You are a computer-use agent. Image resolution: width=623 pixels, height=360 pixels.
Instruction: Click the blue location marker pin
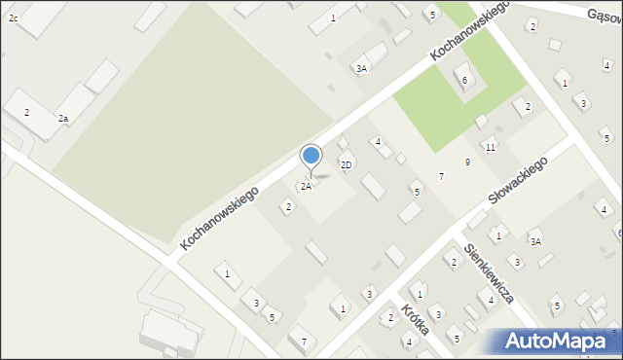[x=311, y=158]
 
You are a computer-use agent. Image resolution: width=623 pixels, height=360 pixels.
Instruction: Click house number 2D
[x=346, y=164]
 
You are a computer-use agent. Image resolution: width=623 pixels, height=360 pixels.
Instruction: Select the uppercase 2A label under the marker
[x=306, y=186]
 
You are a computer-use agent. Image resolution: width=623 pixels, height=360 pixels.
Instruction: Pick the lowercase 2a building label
[x=63, y=119]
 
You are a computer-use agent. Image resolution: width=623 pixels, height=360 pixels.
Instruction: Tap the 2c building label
[x=14, y=18]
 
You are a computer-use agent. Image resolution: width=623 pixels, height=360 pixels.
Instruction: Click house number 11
[x=491, y=147]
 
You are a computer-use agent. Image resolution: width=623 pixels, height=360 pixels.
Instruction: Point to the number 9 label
[x=468, y=162]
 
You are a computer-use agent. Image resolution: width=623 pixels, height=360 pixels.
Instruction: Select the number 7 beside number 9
[x=441, y=176]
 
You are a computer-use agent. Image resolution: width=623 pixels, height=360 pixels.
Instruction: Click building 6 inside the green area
[x=465, y=80]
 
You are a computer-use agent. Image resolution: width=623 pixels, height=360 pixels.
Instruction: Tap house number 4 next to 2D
[x=378, y=142]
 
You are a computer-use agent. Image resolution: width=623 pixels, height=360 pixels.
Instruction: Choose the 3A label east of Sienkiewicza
[x=535, y=241]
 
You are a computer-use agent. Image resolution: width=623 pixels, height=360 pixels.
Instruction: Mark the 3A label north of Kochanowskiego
[x=361, y=69]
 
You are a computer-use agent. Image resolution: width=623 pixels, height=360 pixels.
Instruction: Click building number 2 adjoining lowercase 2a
[x=27, y=113]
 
